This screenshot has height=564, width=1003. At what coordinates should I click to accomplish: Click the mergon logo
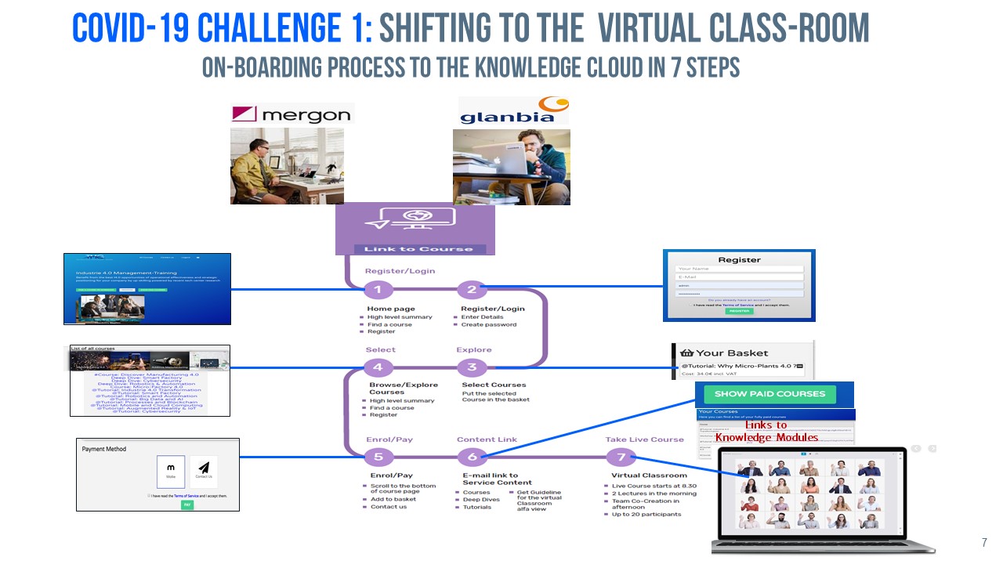(291, 114)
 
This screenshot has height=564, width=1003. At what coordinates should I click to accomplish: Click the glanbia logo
(512, 111)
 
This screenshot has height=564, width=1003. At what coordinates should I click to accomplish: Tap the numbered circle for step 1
(378, 290)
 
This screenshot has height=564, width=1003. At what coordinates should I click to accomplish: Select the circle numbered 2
(472, 290)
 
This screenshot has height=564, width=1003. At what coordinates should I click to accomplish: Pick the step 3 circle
(472, 367)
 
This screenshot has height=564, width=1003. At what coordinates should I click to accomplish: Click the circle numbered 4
(378, 367)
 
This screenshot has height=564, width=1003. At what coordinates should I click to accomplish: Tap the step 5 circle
(378, 457)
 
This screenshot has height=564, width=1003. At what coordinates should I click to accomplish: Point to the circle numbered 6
(472, 457)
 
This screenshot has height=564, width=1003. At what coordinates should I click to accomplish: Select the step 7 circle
(621, 457)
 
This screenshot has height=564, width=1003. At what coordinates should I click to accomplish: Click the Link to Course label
(414, 249)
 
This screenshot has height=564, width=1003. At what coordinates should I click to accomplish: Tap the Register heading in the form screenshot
(739, 260)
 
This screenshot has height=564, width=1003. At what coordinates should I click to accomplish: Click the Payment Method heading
(104, 449)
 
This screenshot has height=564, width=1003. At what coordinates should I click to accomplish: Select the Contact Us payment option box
(204, 472)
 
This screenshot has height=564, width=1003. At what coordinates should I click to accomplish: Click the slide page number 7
(984, 542)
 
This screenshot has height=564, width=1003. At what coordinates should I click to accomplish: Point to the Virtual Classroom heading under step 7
(649, 475)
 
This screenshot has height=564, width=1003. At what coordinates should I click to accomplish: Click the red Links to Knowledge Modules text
(766, 431)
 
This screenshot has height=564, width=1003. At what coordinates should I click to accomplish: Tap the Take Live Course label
(644, 439)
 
